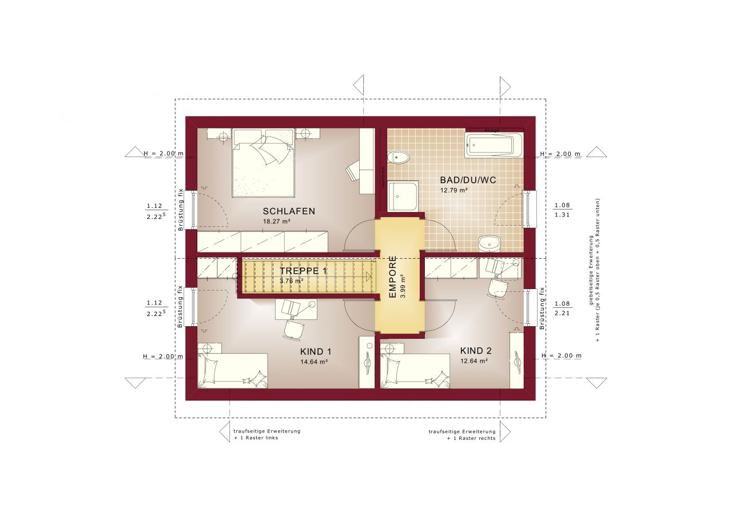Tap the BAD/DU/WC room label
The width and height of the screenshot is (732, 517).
(x=468, y=179)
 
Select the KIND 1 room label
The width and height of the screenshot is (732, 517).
(x=315, y=351)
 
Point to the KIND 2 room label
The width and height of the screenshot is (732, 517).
(x=475, y=351)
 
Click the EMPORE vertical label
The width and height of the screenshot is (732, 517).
(x=393, y=278)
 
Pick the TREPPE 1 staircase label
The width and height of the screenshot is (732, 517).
(x=303, y=271)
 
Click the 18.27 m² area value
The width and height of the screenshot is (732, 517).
(x=276, y=221)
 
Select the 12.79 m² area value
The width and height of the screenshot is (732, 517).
(x=454, y=190)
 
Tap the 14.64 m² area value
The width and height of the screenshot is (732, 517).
(x=314, y=362)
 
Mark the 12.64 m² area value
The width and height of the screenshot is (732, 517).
(x=474, y=361)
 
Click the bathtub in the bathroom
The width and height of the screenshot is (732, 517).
(x=494, y=145)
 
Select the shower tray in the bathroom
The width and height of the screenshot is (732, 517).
(x=403, y=195)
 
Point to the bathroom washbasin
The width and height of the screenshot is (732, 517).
(x=490, y=243)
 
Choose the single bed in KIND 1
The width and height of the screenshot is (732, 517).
(x=232, y=370)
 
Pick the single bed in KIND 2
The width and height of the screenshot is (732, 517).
(x=415, y=370)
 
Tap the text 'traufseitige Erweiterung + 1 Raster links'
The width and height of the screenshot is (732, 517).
(x=266, y=435)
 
